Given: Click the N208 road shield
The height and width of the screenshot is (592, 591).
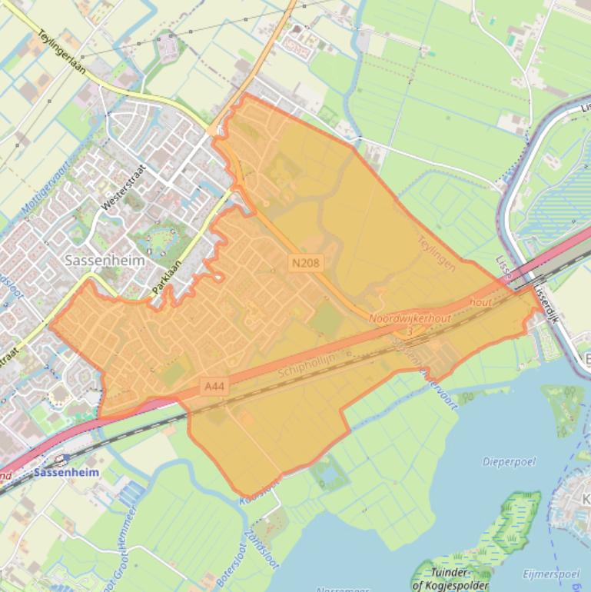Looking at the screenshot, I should point(305,263).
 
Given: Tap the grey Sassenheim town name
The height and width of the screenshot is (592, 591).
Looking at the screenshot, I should point(105,260).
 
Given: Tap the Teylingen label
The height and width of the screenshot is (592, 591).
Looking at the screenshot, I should point(437,252).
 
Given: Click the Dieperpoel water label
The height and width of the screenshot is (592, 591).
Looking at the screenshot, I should point(509,461).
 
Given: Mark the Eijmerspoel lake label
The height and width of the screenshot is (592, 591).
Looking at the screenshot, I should point(551,574).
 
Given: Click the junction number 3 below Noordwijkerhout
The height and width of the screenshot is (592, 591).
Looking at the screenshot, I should point(410,331).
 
